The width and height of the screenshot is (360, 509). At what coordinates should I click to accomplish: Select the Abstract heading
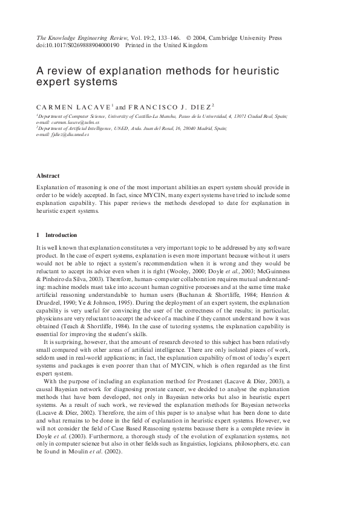(48, 176)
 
